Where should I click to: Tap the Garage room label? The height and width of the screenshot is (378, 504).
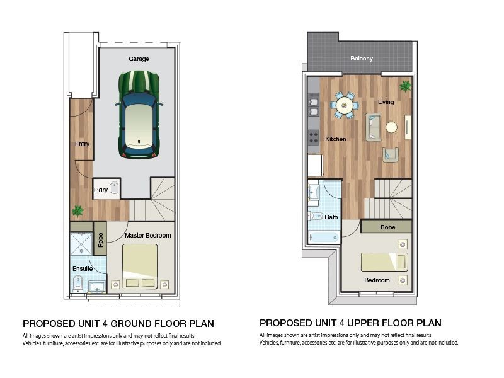(139, 59)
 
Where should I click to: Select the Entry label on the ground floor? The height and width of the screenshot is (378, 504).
(82, 144)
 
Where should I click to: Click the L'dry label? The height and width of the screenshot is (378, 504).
(101, 190)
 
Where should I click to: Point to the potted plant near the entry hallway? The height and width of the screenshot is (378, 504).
(77, 211)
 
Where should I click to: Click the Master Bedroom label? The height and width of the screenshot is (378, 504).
(147, 236)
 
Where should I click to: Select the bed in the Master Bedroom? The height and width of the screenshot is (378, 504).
(139, 266)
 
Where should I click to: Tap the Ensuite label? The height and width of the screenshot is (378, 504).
(82, 269)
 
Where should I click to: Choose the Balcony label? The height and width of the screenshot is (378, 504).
(362, 59)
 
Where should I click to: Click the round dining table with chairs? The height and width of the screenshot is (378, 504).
(345, 105)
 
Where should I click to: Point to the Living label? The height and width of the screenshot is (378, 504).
(386, 102)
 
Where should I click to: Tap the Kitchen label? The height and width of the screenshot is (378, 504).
(335, 139)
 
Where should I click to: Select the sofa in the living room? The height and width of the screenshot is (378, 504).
(374, 127)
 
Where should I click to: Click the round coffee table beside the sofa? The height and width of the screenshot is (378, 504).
(391, 127)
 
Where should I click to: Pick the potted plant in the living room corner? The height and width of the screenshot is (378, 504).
(405, 85)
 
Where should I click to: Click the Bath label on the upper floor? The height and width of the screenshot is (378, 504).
(331, 217)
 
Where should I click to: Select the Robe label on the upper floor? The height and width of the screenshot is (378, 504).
(387, 227)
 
